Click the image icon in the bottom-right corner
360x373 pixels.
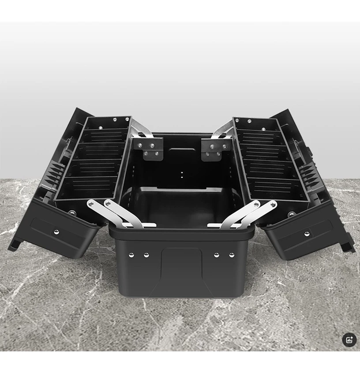[x=349, y=339]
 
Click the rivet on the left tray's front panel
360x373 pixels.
[x=56, y=231]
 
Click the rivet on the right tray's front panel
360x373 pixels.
[x=307, y=232]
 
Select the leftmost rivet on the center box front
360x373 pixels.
[x=131, y=254]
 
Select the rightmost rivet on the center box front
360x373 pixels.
[x=232, y=255]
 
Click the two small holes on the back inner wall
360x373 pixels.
[x=181, y=173]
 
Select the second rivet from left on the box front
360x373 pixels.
[x=146, y=255]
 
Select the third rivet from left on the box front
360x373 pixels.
[x=217, y=255]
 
